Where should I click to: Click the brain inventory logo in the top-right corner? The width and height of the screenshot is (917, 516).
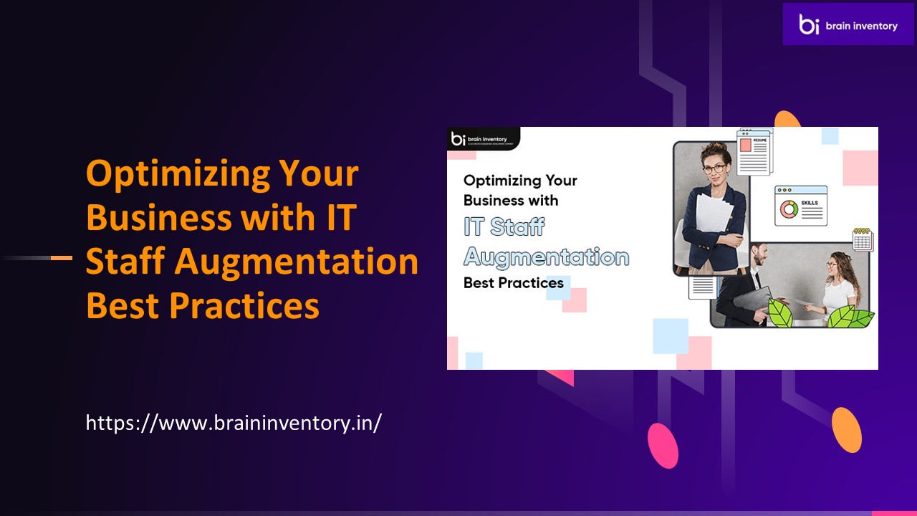point(848,25)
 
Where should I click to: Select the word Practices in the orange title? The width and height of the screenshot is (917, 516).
point(244,306)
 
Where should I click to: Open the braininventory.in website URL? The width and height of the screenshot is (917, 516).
point(234,422)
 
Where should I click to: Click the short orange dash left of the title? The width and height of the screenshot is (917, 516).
point(62,257)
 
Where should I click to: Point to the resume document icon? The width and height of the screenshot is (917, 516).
point(753,152)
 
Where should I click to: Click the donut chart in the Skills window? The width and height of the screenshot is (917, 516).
point(788,209)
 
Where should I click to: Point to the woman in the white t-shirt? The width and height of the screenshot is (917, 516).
point(838,287)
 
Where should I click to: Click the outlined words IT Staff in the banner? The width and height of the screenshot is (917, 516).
point(504,226)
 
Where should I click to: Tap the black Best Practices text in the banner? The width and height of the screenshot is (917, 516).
point(513,282)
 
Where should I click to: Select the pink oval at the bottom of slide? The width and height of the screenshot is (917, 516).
point(663,445)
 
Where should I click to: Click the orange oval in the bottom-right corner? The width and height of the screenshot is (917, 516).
point(846,430)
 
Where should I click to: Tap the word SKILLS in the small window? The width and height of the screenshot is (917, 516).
point(810,203)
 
